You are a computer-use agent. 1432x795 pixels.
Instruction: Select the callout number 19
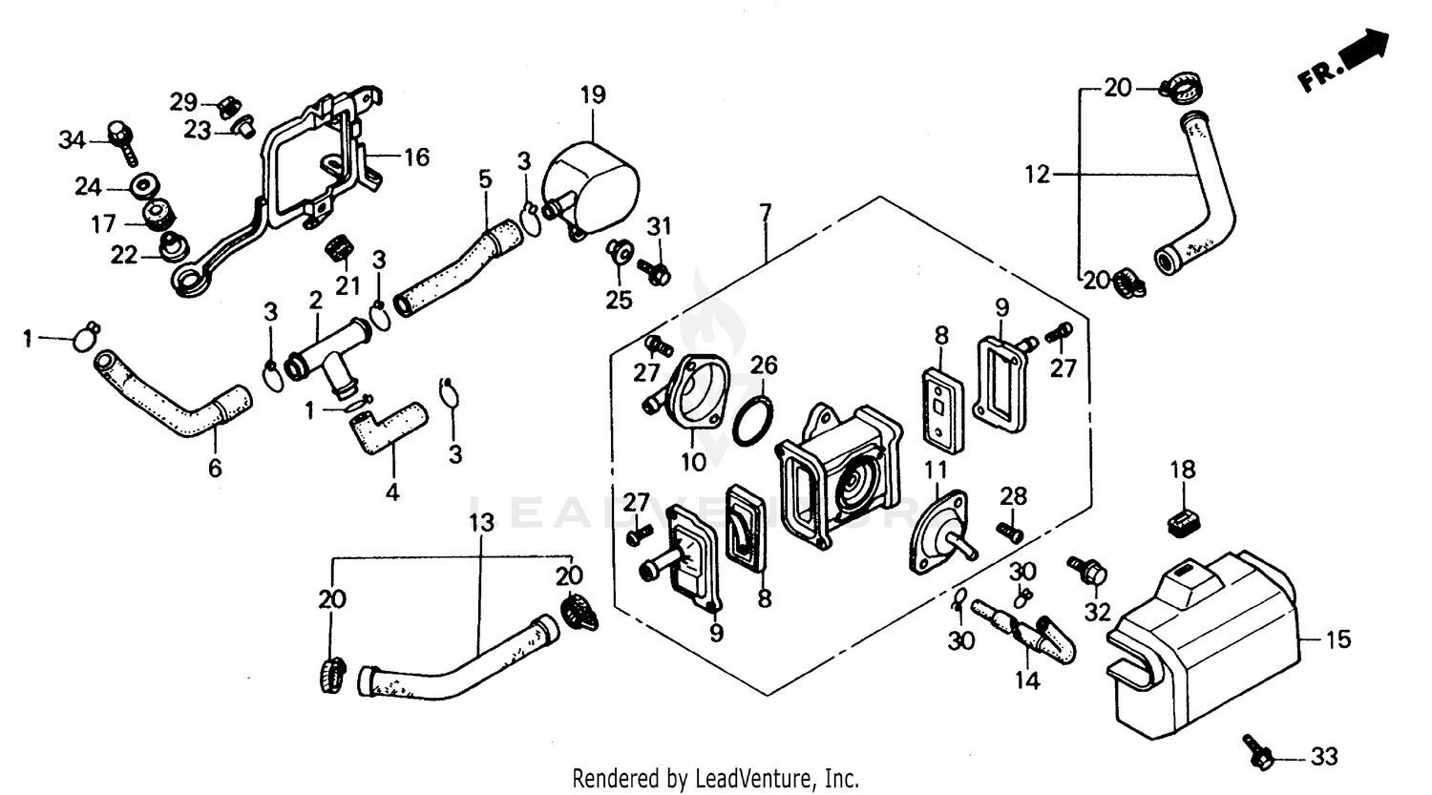tap(592, 95)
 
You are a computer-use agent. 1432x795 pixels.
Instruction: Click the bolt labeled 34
tap(122, 140)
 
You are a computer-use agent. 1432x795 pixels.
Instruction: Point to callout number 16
tap(416, 157)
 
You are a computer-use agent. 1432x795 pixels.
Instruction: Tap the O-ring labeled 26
tap(751, 420)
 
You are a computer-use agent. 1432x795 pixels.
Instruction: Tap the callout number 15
tap(1339, 638)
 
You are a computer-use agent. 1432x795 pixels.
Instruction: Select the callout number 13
tap(482, 522)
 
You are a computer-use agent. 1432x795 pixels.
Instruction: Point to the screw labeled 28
tap(1008, 530)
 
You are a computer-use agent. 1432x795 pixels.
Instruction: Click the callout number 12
tap(1037, 175)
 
